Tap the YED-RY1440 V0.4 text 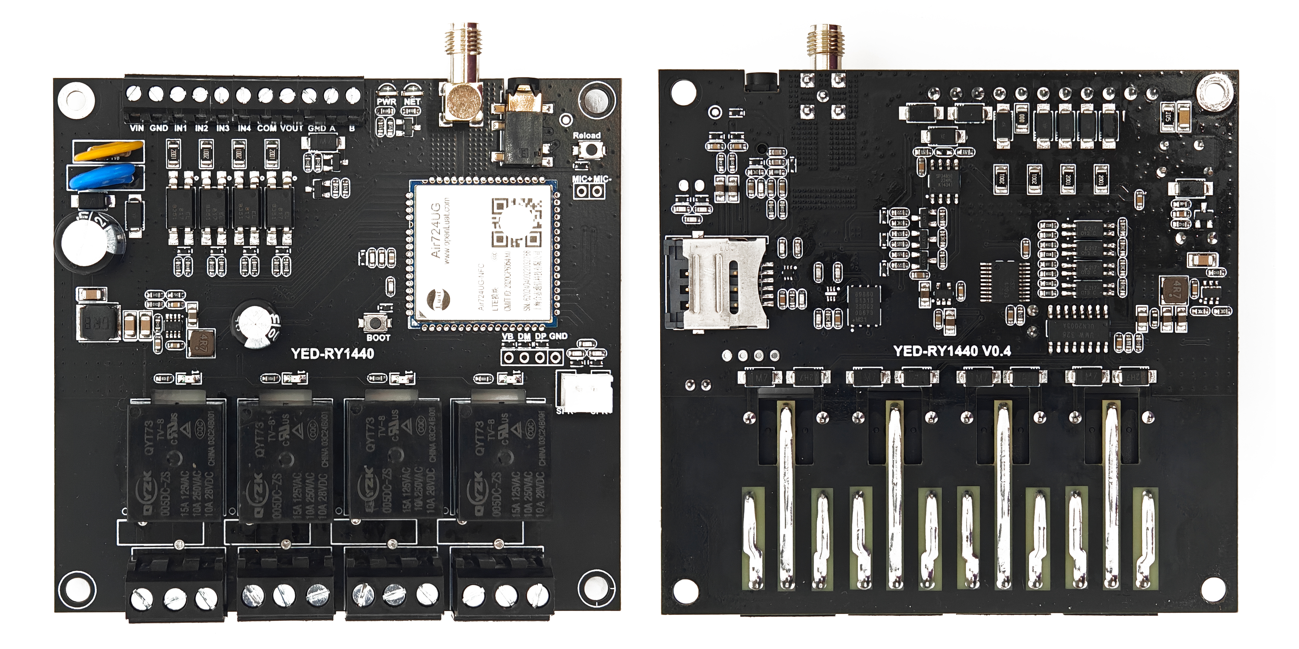pyautogui.click(x=952, y=351)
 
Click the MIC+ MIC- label pyautogui.click(x=591, y=179)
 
